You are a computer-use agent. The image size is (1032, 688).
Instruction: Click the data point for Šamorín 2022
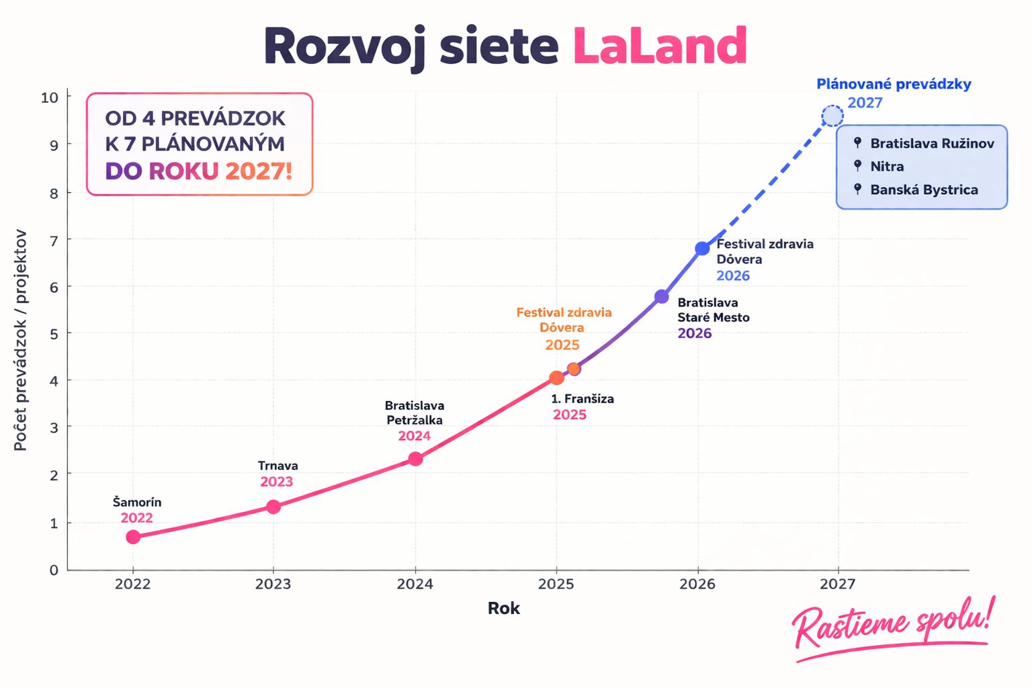pos(133,537)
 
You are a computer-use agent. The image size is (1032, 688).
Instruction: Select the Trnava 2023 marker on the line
pos(273,507)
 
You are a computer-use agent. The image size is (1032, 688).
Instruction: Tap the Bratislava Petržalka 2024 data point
pos(416,459)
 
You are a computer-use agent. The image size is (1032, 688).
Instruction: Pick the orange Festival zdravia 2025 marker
pos(557,378)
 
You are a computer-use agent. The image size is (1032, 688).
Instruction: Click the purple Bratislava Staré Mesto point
pos(662,296)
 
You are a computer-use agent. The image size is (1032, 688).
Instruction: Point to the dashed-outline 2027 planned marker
pos(832,116)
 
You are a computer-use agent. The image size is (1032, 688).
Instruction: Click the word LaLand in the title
pos(660,46)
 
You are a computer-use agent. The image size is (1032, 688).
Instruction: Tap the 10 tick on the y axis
pos(50,97)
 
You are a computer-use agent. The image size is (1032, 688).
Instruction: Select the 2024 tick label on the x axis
pos(415,584)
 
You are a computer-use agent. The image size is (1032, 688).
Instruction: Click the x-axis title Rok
pos(504,608)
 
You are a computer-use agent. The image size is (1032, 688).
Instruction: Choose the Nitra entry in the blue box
pos(887,167)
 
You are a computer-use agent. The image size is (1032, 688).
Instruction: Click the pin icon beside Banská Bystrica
pos(857,189)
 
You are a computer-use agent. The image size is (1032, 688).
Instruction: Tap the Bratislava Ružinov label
pos(932,143)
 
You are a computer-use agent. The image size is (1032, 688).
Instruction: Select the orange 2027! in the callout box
pos(259,171)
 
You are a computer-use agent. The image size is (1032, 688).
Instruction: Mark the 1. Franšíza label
pos(583,398)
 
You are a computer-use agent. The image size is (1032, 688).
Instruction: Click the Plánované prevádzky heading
pos(894,84)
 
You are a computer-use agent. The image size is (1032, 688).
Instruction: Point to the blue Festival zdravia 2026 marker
pos(702,249)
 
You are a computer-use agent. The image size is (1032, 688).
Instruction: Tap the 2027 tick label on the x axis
pos(837,584)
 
